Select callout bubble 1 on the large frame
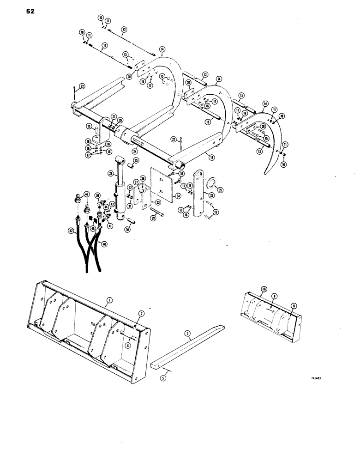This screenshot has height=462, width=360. (x=107, y=300)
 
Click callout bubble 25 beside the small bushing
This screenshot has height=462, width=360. (x=137, y=161)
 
